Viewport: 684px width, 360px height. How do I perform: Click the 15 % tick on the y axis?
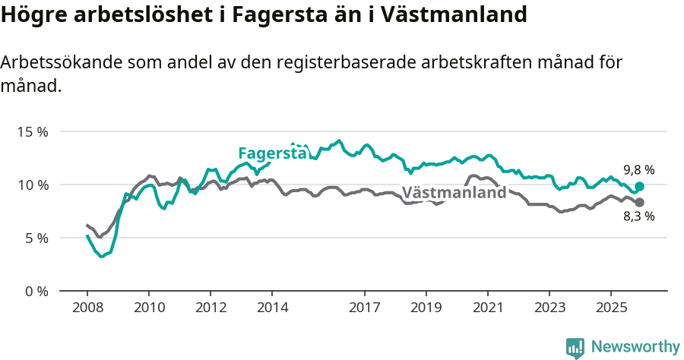coord(33,131)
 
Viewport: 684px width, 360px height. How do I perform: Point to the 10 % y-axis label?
coord(33,185)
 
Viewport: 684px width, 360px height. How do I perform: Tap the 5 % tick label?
coord(36,238)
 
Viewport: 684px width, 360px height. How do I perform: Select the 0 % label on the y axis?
coord(36,291)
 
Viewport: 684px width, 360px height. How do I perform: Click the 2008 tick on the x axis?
coord(87,308)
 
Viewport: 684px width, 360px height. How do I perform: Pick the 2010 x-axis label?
coord(148,308)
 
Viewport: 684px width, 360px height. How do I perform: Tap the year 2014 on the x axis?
coord(272,308)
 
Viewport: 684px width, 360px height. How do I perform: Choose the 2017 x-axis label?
coord(364,308)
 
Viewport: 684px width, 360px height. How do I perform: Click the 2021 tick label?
coord(487,308)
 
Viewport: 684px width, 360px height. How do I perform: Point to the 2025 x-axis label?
coord(610,308)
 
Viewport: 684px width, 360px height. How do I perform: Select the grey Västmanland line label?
coord(454,193)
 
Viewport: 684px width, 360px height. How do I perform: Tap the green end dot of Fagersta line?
coord(639,186)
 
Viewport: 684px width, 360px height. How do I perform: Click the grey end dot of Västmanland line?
coord(639,202)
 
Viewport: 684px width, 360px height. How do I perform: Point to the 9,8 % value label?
coord(639,170)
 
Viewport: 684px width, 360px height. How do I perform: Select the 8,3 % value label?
coord(639,216)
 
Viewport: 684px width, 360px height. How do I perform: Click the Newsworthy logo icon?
coord(575,348)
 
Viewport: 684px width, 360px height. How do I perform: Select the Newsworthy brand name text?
coord(635,347)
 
